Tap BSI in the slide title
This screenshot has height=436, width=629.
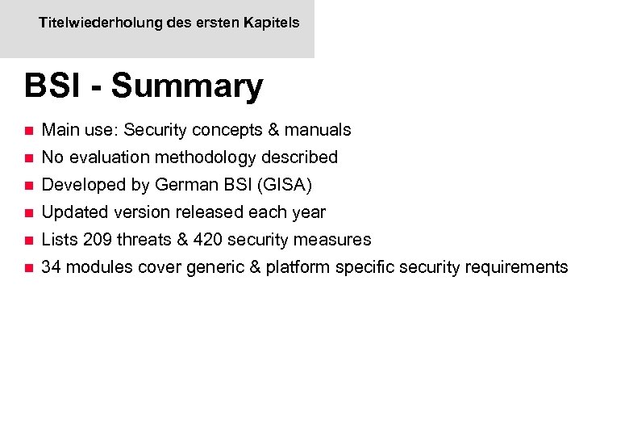(x=52, y=86)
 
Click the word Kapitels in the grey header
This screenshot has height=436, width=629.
(x=273, y=23)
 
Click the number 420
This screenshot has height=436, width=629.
(x=208, y=240)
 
